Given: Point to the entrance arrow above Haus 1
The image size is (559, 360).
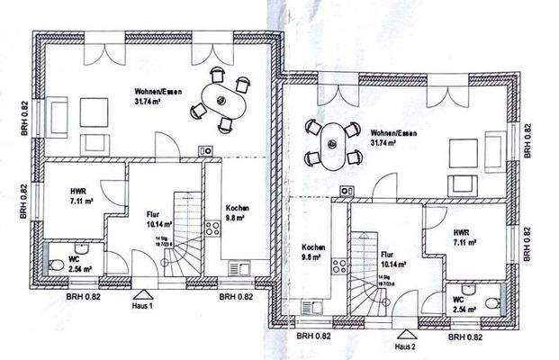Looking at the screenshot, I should tap(141, 294).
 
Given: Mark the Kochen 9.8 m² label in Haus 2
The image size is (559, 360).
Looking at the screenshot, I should tap(314, 252).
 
